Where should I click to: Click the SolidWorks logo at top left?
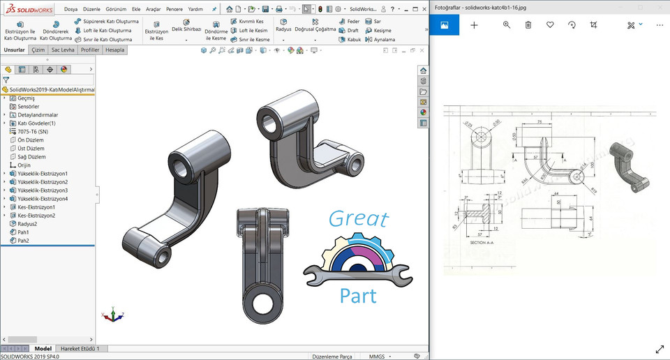[x=28, y=10]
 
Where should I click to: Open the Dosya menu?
[x=71, y=10]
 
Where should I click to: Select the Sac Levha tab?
[x=63, y=50]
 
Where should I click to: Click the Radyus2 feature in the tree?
[x=27, y=224]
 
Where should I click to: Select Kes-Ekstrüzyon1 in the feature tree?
[x=36, y=207]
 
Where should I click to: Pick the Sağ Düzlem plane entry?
[x=31, y=157]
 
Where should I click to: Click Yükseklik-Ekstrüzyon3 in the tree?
[x=42, y=190]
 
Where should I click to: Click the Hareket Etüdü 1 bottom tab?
[x=80, y=348]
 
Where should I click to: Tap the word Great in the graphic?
[x=358, y=219]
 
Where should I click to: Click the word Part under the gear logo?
[x=358, y=295]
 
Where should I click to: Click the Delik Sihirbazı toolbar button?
[x=186, y=29]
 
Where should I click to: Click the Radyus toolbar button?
[x=283, y=29]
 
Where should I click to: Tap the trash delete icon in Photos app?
[x=528, y=25]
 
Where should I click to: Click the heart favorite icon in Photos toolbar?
[x=550, y=25]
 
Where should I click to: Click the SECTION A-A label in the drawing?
[x=482, y=242]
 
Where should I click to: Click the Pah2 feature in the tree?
[x=23, y=241]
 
